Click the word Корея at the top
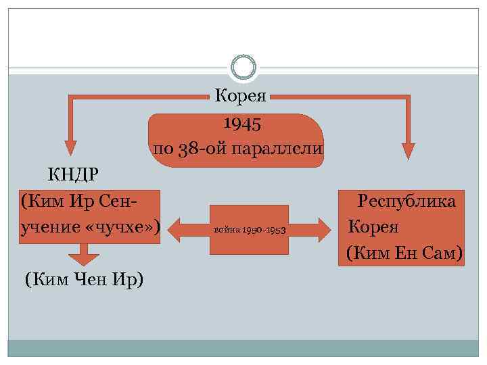[243, 95]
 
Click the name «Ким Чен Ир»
[85, 279]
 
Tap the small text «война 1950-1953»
[249, 230]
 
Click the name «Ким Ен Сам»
[404, 253]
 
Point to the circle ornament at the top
[243, 67]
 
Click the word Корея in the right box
[373, 227]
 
